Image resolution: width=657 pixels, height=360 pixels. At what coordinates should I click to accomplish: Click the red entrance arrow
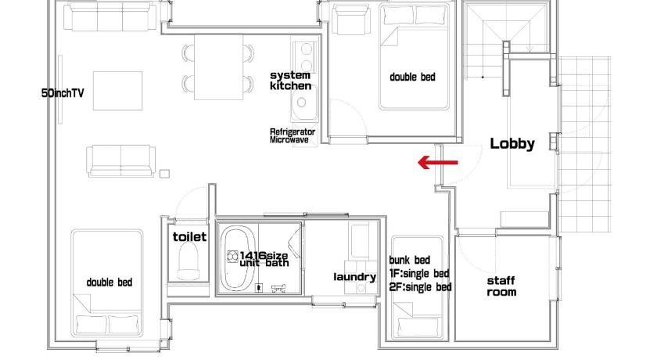pos(437,162)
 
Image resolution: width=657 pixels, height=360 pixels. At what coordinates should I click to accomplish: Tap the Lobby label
pos(512,144)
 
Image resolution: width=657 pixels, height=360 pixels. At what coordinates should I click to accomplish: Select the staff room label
pos(501,286)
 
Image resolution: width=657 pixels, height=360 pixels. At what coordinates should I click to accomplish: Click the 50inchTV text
pos(63,93)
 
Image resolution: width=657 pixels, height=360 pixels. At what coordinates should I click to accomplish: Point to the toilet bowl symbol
pos(188,261)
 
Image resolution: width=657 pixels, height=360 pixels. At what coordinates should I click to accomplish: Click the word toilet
pos(189,237)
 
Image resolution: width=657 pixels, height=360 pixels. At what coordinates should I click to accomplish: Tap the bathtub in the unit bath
pos(239,258)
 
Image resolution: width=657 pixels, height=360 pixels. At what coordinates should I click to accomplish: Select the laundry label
pos(354,277)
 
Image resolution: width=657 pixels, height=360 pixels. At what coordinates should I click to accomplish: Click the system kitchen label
pos(290,81)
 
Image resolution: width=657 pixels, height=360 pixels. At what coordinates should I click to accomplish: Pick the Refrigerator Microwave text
pos(292,136)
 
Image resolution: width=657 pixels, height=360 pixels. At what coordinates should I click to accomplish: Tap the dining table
pos(218,67)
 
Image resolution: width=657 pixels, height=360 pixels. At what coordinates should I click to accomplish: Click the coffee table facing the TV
pos(117,91)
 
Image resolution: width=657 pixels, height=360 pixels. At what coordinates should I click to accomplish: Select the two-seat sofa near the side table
pos(120,161)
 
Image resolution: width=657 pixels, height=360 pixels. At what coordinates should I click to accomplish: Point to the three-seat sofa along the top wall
pos(109,16)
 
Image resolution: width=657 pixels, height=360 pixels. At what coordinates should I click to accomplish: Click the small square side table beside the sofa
pos(164,173)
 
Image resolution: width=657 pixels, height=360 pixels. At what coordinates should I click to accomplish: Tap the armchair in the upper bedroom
pos(351,19)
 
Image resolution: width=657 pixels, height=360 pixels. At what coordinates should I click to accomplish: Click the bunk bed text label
pos(409,261)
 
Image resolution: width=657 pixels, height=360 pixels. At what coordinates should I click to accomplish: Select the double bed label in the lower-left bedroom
pos(109,283)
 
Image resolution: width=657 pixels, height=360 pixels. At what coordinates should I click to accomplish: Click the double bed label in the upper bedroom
pos(412,77)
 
